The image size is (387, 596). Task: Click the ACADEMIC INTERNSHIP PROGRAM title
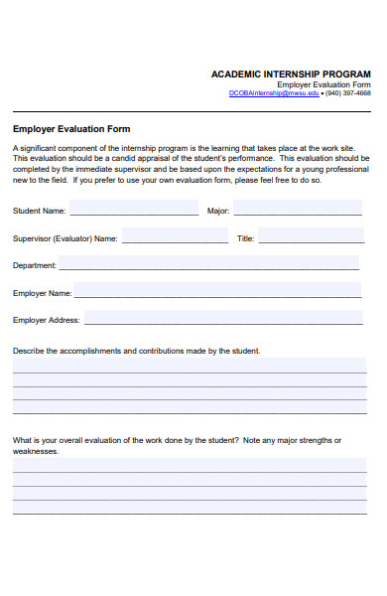291,74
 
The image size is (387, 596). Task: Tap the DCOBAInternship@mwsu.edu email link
274,93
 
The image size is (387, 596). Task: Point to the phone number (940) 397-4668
348,93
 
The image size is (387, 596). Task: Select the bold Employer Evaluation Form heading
71,129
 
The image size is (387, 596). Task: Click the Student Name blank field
133,212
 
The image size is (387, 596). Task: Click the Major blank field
298,212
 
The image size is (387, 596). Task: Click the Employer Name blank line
216,293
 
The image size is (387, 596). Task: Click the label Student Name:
40,212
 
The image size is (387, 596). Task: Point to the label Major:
218,212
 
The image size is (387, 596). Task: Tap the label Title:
246,239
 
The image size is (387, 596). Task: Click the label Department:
34,266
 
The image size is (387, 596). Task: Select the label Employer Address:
46,321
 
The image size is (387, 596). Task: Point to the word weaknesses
35,451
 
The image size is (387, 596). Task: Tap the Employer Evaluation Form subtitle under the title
323,85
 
